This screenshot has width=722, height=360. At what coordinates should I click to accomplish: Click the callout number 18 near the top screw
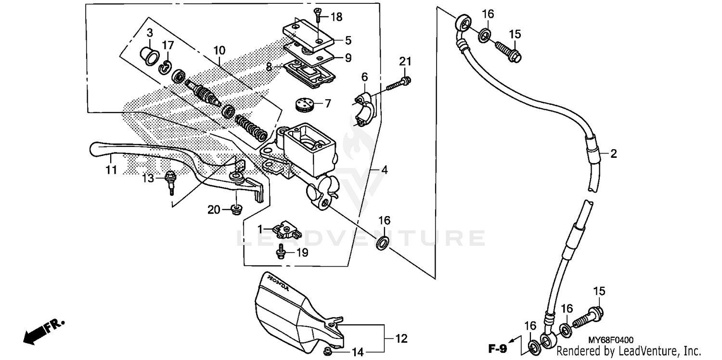point(336,17)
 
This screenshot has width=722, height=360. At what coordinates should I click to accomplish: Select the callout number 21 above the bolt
point(405,61)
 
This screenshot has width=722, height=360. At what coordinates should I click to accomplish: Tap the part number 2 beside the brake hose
point(613,154)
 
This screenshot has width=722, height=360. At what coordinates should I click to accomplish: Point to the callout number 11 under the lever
point(111,170)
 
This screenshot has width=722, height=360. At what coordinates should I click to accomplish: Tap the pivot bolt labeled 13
point(170,180)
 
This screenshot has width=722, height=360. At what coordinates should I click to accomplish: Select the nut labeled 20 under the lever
point(236,209)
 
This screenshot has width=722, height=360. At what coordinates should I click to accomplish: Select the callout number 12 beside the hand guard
point(401,338)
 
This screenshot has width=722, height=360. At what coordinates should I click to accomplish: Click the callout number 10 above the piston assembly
point(219,50)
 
